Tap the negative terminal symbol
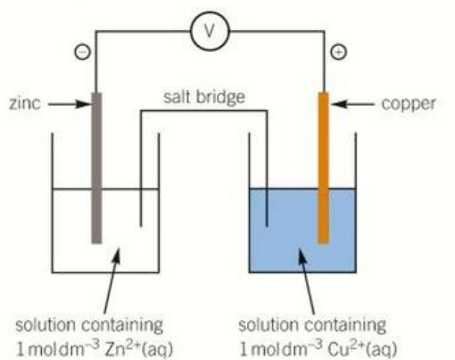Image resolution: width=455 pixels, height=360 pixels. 83,52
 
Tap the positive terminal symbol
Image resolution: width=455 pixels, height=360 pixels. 339,52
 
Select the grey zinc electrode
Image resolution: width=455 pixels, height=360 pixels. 97,168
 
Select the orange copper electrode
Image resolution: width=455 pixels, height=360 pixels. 324,168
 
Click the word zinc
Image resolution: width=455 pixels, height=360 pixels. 25,104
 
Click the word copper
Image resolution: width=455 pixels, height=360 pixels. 409,104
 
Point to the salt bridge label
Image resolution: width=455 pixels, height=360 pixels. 204,98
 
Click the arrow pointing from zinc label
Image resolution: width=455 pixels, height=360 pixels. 69,104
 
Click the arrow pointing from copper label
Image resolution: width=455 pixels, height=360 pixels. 352,104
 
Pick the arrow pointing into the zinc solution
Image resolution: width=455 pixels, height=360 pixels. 112,280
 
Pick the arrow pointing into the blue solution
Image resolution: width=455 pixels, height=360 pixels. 306,280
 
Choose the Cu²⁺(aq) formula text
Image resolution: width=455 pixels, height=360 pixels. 362,349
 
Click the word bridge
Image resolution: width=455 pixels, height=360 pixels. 221,98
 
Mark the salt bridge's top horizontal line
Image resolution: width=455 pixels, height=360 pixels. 204,110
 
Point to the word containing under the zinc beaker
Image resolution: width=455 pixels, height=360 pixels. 122,325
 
